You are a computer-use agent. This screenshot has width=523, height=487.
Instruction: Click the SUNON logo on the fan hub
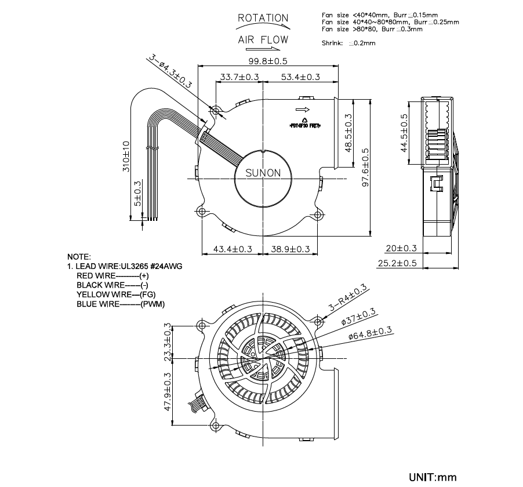point(263,173)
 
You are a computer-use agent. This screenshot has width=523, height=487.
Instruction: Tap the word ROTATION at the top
point(263,19)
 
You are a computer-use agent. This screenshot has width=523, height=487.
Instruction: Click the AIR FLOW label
point(263,41)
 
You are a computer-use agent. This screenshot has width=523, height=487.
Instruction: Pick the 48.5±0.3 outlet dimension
point(348,133)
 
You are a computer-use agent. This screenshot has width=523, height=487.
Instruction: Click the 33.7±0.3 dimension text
point(239,77)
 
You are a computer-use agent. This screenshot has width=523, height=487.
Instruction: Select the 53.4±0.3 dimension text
point(300,77)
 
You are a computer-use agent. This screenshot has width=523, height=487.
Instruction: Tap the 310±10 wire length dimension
point(127,156)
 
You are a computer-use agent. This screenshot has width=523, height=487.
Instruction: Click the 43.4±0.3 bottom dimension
point(233,249)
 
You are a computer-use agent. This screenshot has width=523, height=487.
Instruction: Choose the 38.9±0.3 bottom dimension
point(290,249)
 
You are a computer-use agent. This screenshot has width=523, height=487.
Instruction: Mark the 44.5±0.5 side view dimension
point(404,133)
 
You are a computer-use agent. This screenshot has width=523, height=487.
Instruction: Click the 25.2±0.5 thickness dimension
point(397,263)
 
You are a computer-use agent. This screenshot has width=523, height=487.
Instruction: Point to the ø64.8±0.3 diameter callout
point(371,333)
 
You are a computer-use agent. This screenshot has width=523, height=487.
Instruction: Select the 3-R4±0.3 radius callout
point(348,298)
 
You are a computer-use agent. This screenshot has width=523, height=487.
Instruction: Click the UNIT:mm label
point(433,478)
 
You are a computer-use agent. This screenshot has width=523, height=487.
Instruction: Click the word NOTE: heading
point(79,256)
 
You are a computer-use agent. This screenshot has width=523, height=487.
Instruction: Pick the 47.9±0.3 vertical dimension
point(169,391)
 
